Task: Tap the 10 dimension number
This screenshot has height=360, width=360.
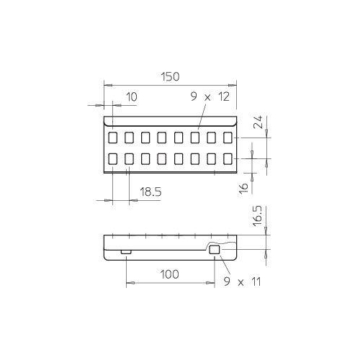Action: [130, 96]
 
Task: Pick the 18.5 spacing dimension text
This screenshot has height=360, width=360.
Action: [149, 192]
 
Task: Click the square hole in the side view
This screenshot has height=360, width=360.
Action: [213, 250]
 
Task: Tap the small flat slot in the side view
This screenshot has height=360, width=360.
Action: [126, 251]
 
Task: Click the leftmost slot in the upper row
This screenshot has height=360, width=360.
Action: [114, 136]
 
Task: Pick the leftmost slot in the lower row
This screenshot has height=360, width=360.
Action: [114, 158]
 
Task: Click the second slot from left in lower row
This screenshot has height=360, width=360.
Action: [130, 158]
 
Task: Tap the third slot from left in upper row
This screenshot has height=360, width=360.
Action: [146, 136]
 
